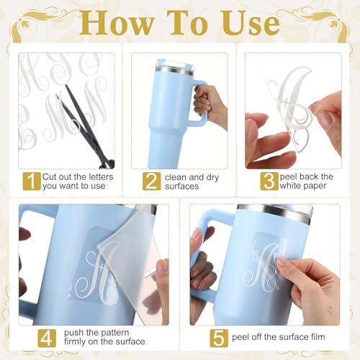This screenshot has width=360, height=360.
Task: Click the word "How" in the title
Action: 117,22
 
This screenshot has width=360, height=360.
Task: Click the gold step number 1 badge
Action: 32,181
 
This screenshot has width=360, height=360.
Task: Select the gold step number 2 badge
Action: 151,181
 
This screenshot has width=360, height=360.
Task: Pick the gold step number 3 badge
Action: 269,181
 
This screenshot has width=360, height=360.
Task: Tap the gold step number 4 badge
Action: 47,338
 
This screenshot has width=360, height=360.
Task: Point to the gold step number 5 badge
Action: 219,338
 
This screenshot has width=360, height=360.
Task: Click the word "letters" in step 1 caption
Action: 99,177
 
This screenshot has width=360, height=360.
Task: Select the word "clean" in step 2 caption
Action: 176,177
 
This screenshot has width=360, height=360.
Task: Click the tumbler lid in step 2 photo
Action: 174,63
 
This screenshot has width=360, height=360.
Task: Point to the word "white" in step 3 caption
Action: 291,186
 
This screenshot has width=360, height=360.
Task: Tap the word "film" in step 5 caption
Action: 317,337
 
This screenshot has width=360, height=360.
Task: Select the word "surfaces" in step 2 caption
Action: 181,186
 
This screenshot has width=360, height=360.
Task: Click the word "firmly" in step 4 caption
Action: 75,342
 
